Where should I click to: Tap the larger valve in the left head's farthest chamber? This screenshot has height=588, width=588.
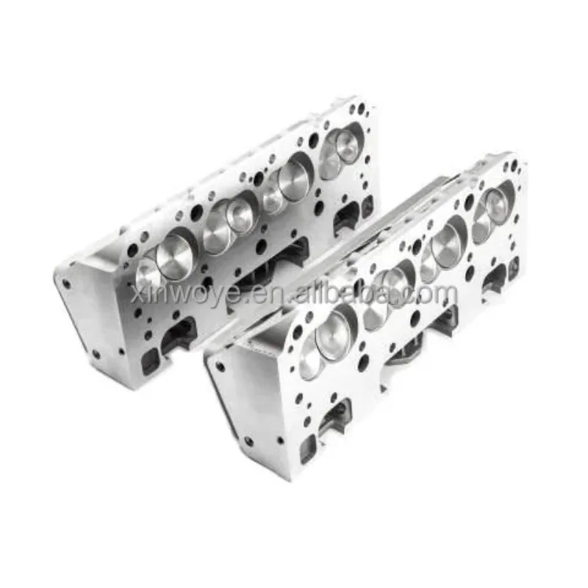pyautogui.click(x=348, y=148)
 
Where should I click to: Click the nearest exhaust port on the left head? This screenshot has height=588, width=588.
pyautogui.click(x=177, y=334)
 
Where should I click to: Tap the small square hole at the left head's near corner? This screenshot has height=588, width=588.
pyautogui.click(x=151, y=359)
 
